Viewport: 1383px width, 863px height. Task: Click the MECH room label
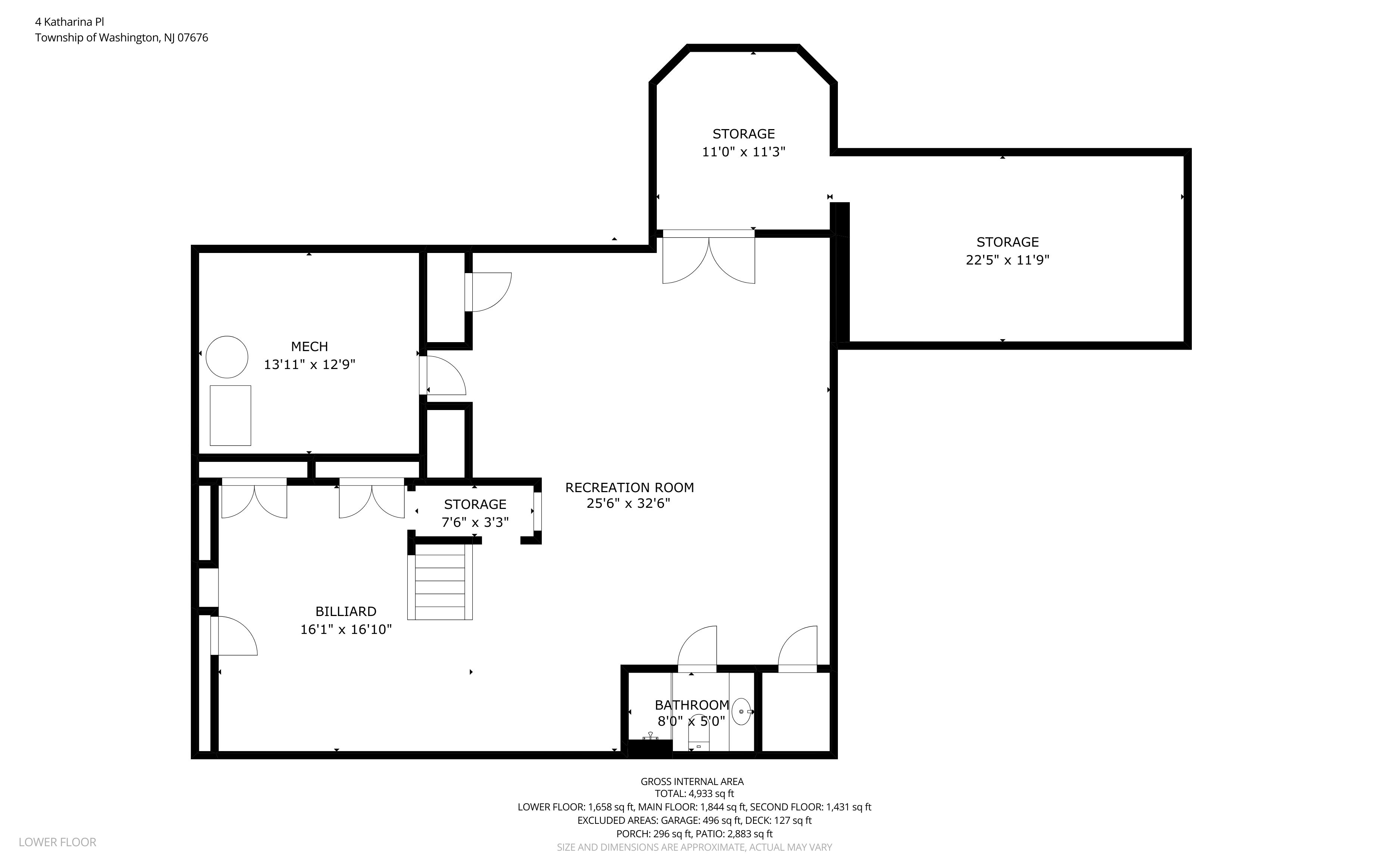click(x=310, y=347)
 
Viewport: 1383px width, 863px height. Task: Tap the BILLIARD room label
click(x=346, y=611)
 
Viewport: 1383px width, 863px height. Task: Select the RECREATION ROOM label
click(x=629, y=487)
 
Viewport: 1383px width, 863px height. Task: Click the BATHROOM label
click(x=692, y=705)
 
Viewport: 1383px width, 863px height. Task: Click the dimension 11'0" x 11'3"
click(x=743, y=152)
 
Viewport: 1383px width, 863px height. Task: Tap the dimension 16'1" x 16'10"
click(x=346, y=629)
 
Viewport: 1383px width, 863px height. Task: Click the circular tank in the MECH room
click(x=227, y=357)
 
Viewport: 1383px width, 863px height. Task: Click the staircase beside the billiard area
click(x=440, y=582)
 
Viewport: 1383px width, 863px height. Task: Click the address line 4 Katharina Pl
click(x=69, y=22)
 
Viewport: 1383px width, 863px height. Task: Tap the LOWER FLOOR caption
click(x=57, y=842)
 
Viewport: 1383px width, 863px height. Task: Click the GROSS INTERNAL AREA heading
click(x=692, y=781)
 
